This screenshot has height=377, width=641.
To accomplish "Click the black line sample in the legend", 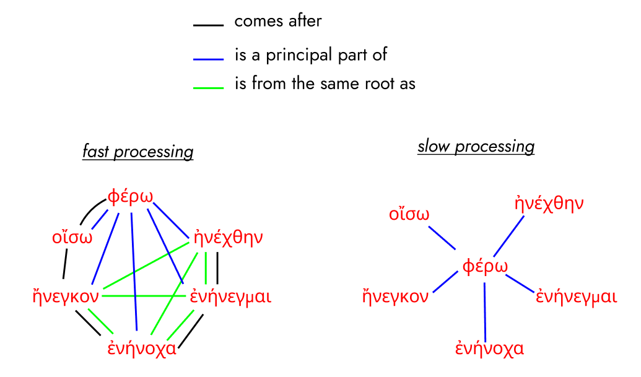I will coord(207,25).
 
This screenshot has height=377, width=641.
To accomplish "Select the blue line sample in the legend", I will coord(207,59).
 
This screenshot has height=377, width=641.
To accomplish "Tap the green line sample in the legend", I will coord(207,87).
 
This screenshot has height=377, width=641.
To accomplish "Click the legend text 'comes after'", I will coord(278,21).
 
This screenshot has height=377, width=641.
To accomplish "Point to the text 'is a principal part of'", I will coord(311,54).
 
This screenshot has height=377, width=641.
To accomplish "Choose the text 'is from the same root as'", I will coord(325,83).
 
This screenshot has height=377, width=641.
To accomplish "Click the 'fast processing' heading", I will coord(137,152).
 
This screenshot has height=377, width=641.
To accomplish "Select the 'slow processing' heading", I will coord(476,147).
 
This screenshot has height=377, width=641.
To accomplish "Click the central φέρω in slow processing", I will coord(485,267).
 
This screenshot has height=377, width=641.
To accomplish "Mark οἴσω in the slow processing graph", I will coord(409,215).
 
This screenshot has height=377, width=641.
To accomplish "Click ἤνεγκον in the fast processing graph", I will coord(66,296).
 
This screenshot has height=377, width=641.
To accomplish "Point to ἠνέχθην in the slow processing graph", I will coord(549,204).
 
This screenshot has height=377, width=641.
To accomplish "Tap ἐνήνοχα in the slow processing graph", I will coord(489,348).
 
